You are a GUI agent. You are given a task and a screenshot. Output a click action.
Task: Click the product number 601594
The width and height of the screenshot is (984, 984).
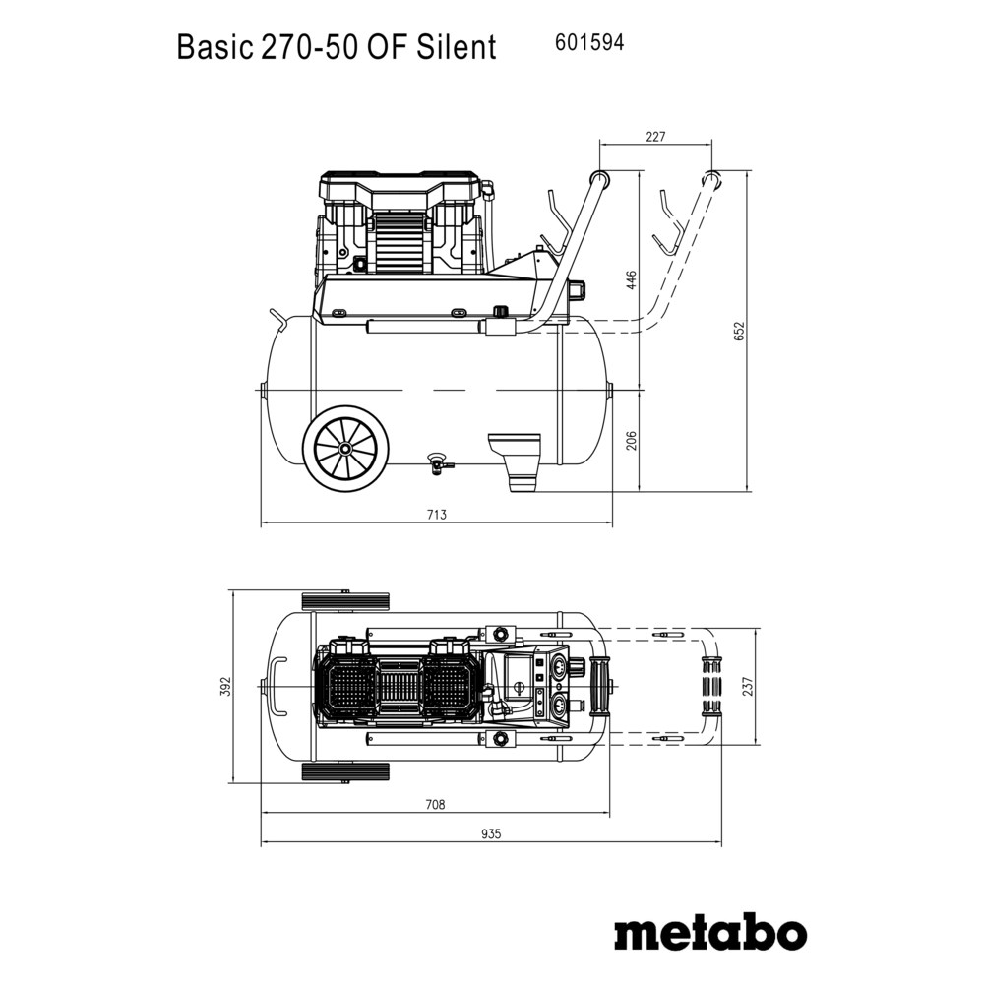click(589, 42)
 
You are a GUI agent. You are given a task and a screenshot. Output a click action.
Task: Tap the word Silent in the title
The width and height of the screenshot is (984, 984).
click(457, 47)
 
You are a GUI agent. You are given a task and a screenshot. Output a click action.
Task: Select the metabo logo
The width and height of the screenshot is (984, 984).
click(710, 934)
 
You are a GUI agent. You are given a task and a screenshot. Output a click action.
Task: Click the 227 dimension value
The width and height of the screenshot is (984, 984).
click(655, 136)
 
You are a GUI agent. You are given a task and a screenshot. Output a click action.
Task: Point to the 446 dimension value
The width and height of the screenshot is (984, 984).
click(632, 279)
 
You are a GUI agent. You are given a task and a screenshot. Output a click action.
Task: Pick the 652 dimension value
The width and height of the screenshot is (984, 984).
click(739, 331)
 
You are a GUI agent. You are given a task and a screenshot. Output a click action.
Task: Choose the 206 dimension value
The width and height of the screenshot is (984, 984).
click(632, 440)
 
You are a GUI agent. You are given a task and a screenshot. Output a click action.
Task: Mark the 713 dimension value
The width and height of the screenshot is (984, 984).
click(437, 515)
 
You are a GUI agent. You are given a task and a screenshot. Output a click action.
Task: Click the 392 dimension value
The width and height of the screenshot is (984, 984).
click(227, 686)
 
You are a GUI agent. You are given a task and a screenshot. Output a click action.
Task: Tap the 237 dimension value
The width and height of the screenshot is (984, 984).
click(747, 686)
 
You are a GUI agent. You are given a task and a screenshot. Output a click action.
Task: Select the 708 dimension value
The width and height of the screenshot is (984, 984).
click(435, 804)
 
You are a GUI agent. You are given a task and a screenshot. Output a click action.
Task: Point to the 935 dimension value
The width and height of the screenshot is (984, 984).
click(492, 834)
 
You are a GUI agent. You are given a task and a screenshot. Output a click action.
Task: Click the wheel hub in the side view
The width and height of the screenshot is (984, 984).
click(345, 448)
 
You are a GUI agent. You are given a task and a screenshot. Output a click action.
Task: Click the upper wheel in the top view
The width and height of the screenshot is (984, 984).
click(345, 602)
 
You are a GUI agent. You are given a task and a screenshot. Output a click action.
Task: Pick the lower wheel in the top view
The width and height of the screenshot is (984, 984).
click(345, 771)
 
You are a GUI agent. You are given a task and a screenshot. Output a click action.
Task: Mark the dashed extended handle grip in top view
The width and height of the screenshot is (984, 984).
click(711, 686)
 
